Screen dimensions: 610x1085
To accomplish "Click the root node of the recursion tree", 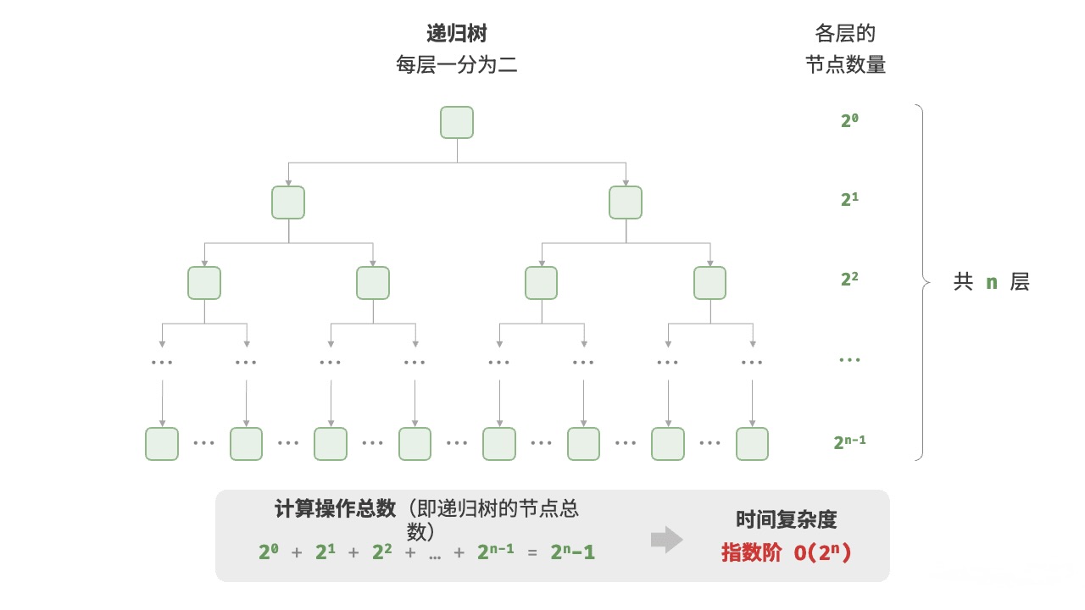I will tap(457, 122).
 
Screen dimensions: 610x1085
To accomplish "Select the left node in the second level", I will tap(288, 202).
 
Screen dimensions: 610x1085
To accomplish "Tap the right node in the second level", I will tap(626, 202).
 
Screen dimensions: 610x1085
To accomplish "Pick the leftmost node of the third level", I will tap(204, 283).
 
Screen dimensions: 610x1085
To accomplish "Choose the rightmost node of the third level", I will tap(709, 283).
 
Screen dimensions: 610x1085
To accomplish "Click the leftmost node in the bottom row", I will tap(162, 443).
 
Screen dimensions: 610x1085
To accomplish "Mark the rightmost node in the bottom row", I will tap(752, 443).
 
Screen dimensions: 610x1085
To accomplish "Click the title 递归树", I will tap(457, 34).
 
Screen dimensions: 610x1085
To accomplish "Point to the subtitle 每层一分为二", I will tap(457, 64).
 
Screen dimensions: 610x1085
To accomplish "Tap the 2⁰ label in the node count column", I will tap(850, 120).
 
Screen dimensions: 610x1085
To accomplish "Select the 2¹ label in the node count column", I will tap(850, 200).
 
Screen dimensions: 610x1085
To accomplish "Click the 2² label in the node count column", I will tap(850, 280).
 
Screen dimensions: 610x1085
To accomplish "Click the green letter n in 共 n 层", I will tap(992, 283).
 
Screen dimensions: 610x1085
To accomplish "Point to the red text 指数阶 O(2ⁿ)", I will tap(786, 552).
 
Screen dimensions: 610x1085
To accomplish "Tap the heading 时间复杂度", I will tap(786, 520).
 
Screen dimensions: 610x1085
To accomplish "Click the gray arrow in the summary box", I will tap(667, 540).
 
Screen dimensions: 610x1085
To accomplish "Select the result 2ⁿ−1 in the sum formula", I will tap(572, 552).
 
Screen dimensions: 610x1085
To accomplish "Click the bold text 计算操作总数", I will tap(336, 508).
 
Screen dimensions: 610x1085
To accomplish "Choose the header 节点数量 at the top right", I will tap(846, 65).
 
